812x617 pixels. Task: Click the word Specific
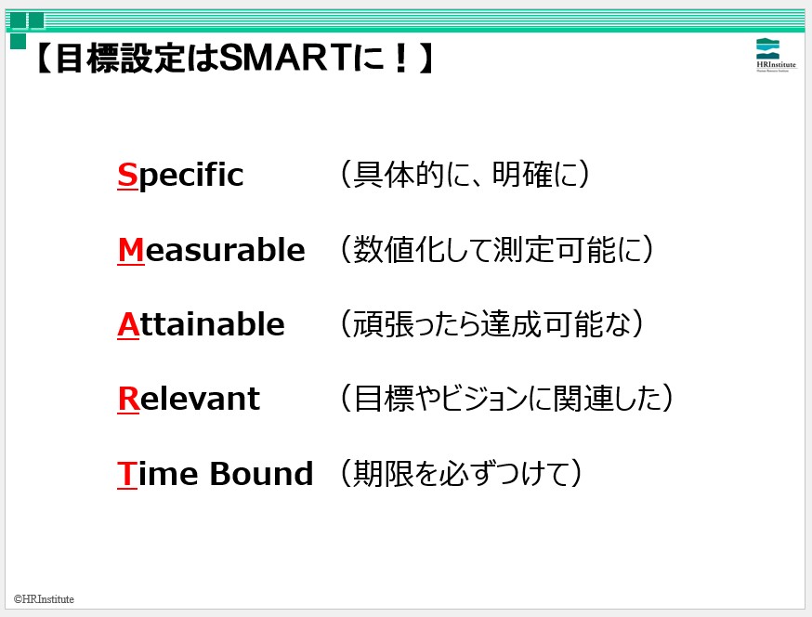coord(180,176)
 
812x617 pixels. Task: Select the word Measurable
coord(211,250)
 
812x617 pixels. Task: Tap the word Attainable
coord(201,324)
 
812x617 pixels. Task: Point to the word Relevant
coord(189,399)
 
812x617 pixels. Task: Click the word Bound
coord(261,474)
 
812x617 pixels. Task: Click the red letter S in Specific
coord(127,175)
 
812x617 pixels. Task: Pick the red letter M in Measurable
coord(131,250)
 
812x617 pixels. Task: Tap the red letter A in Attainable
coord(128,325)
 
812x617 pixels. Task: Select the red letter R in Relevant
coord(129,399)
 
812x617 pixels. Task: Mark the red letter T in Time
coord(127,474)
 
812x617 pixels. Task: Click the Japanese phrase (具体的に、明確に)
coord(465,174)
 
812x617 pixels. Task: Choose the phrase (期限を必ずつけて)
coord(461,473)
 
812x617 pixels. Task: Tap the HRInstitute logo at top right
coord(775,55)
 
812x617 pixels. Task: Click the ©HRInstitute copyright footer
coord(44,599)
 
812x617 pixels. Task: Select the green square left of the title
coord(19,42)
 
